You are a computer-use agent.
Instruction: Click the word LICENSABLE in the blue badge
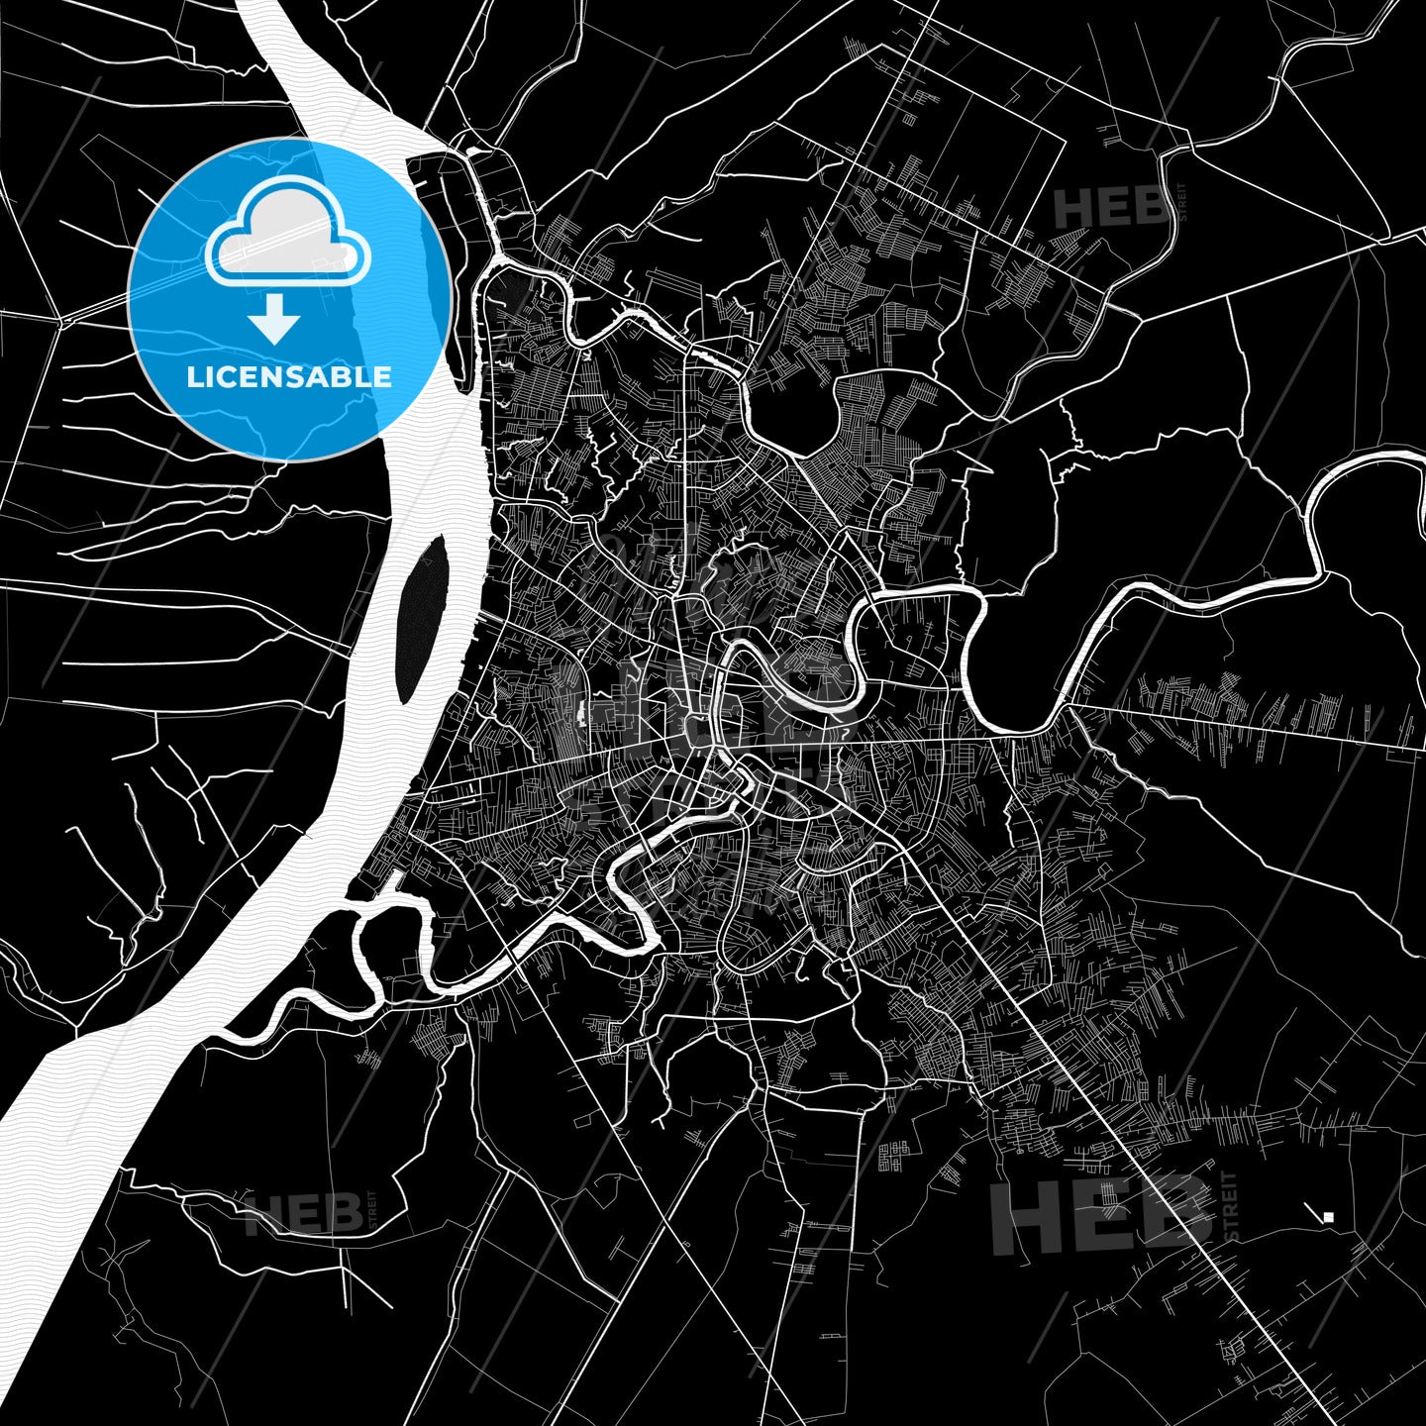point(289,377)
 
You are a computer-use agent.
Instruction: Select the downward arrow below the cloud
point(275,319)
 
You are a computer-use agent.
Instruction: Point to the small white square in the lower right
point(1329,1217)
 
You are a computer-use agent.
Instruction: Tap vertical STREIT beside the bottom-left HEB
point(371,1210)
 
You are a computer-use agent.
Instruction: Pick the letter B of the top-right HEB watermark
point(1150,209)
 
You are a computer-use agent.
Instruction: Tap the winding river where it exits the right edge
point(1411,458)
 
